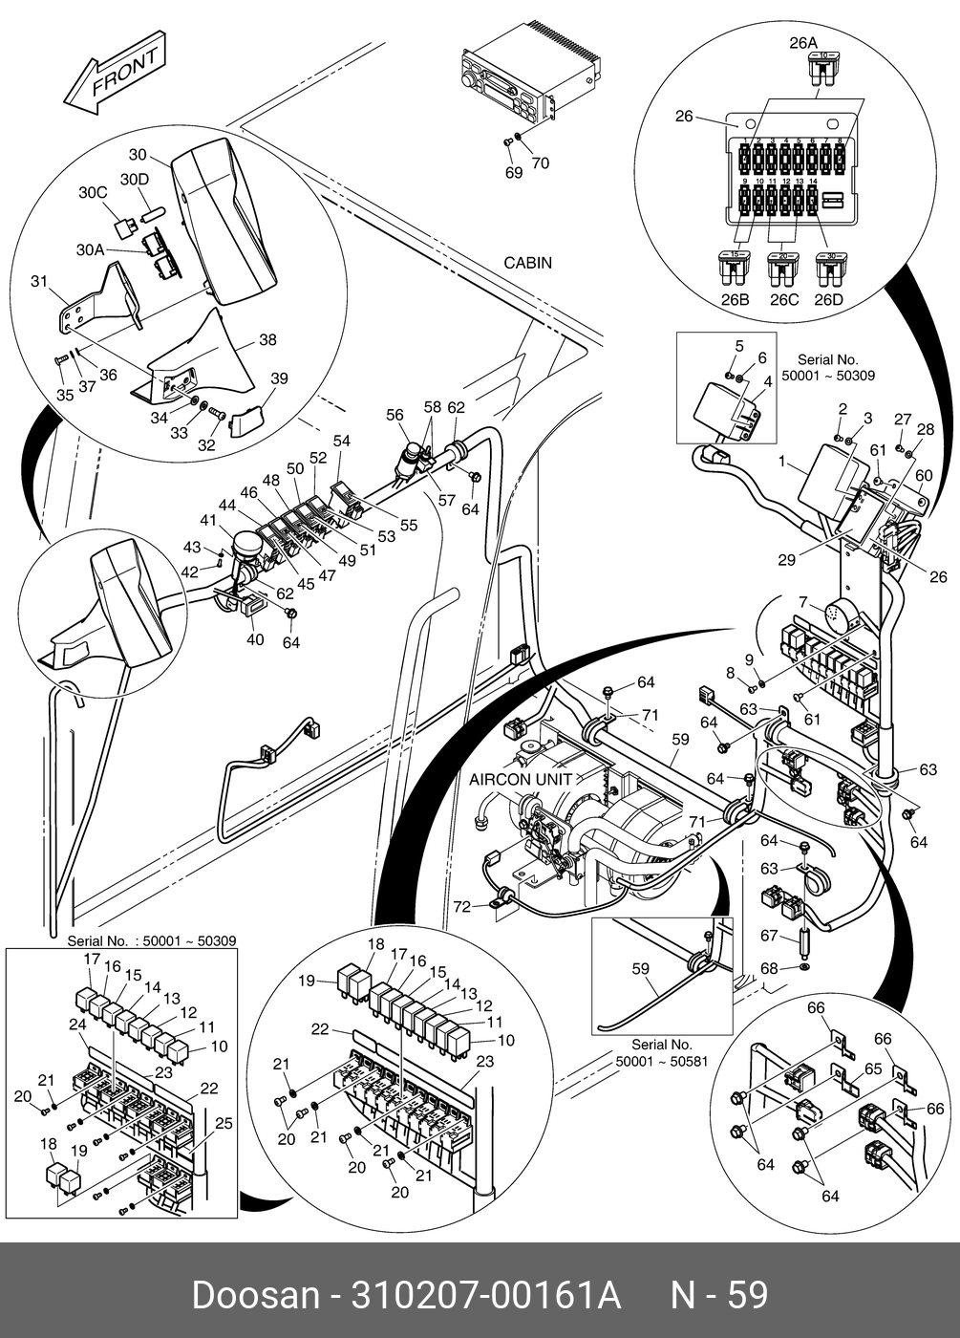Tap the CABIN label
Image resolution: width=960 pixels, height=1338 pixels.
[x=527, y=263]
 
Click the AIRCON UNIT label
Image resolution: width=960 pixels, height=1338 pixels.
[x=521, y=779]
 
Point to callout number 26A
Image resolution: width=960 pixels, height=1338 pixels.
[x=803, y=43]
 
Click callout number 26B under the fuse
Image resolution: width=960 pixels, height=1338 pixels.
[x=735, y=300]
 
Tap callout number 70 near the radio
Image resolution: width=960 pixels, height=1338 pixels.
[x=541, y=163]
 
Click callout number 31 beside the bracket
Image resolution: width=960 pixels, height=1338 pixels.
[x=39, y=281]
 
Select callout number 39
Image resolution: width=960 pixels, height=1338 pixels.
[x=278, y=379]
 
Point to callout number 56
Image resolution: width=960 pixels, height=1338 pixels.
[x=395, y=415]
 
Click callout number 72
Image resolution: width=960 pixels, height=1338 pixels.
[x=462, y=907]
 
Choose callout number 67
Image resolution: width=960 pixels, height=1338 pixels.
[x=769, y=936]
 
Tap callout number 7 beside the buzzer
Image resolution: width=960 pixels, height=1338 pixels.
[x=803, y=601]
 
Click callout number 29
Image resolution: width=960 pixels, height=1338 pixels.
[x=786, y=560]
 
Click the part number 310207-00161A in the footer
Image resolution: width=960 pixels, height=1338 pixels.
[x=486, y=1295]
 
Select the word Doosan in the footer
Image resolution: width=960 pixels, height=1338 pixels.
[x=255, y=1295]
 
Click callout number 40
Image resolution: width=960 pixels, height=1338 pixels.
[x=255, y=639]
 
